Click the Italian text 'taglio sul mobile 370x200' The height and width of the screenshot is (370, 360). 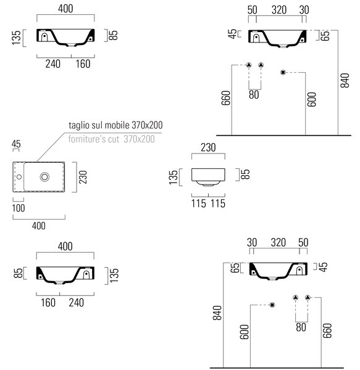(115, 125)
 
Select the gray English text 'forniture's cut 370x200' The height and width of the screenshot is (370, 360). (112, 139)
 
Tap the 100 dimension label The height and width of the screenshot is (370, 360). (19, 208)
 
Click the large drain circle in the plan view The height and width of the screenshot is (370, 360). (44, 177)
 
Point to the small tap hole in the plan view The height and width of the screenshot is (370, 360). (19, 177)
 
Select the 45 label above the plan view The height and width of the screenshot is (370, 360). (16, 144)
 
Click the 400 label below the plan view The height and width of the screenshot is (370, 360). (39, 226)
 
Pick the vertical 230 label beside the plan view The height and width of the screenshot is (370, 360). (83, 177)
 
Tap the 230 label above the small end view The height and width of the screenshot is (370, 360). (208, 147)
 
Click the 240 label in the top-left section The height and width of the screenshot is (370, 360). (53, 64)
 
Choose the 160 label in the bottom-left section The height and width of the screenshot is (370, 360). (48, 303)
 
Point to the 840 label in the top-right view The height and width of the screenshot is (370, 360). (345, 80)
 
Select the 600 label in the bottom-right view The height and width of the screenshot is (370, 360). (245, 332)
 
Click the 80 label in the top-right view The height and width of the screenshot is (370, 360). (254, 94)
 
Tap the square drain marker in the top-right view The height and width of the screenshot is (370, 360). (283, 72)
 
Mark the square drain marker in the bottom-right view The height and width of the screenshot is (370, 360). (272, 305)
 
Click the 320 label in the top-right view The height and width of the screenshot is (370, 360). (279, 10)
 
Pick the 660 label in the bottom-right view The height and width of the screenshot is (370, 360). (327, 331)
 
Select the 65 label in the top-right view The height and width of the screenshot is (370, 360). (325, 36)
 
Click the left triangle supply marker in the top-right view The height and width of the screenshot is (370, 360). (249, 65)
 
